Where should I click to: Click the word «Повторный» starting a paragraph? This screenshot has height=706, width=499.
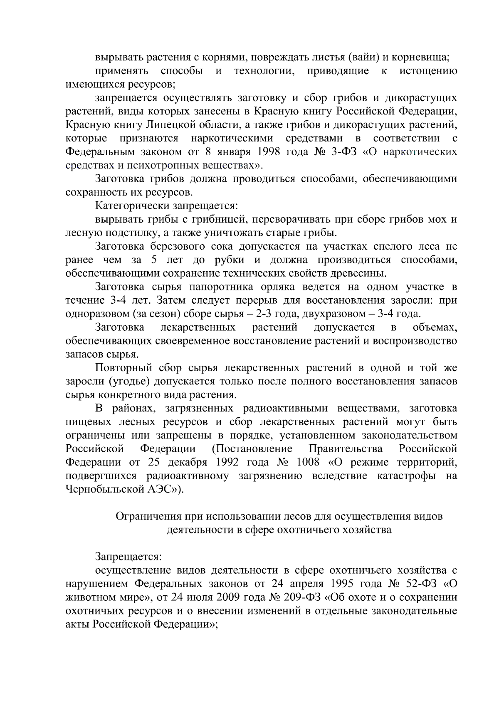pos(124,368)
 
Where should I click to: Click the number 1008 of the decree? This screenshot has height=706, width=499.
pos(308,462)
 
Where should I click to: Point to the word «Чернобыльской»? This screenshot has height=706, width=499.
pos(104,489)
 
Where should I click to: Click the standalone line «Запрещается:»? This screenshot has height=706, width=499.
pos(128,557)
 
